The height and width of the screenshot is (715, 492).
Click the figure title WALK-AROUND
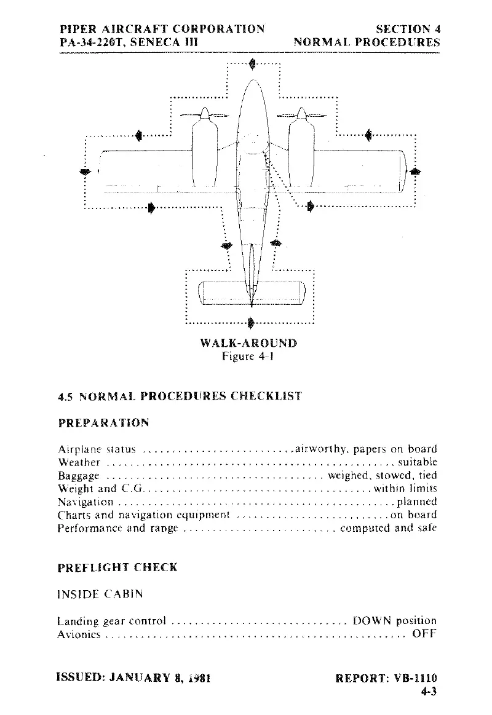[x=248, y=342]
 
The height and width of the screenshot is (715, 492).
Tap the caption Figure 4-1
[x=248, y=356]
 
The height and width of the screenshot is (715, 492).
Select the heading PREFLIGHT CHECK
[x=117, y=567]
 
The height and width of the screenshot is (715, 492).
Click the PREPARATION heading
[x=103, y=423]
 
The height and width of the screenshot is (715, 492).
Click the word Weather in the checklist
[x=79, y=462]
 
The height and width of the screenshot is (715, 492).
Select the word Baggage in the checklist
[x=79, y=475]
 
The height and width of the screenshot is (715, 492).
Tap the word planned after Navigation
[x=417, y=502]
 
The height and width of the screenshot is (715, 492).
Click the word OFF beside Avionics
[x=424, y=634]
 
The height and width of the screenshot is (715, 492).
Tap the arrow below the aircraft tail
[x=250, y=322]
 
